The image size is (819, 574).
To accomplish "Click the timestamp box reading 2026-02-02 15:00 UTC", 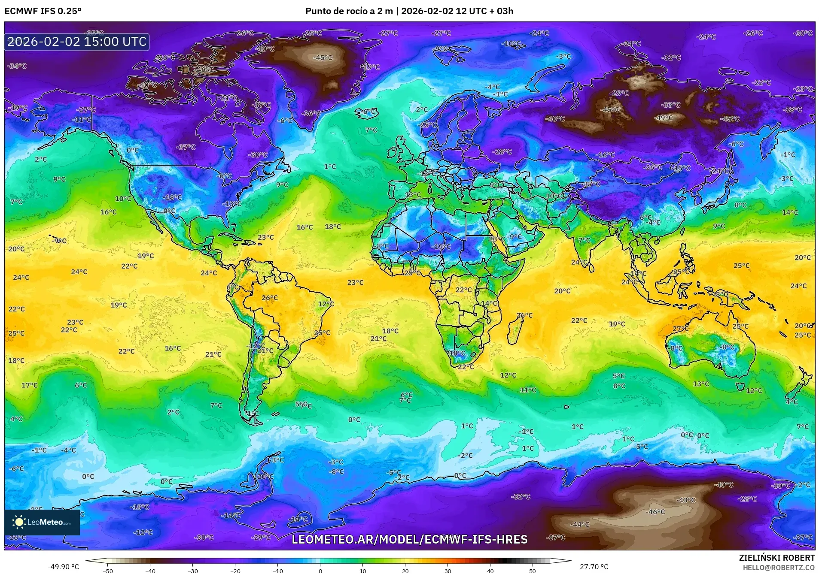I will click(x=77, y=42).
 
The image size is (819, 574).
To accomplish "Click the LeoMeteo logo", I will click(x=42, y=522).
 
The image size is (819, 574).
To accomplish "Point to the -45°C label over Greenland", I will click(x=323, y=57).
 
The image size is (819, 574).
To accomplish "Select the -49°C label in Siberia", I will click(x=664, y=118).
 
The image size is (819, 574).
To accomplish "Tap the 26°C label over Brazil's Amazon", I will click(x=270, y=298).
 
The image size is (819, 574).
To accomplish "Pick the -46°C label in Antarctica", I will click(x=656, y=512).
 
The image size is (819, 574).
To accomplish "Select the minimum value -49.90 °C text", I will click(x=64, y=567).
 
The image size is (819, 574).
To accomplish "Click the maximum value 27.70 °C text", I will click(x=594, y=567).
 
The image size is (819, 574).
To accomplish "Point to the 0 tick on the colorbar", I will click(x=320, y=571).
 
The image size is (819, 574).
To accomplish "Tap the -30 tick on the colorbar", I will click(x=193, y=571).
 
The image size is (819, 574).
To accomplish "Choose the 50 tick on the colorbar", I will click(x=533, y=571).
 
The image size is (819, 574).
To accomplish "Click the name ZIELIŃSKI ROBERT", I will click(x=776, y=558).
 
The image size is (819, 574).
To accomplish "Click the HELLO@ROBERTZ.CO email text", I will click(x=779, y=567).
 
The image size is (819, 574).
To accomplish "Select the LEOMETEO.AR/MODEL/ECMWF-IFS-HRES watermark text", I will click(x=409, y=539).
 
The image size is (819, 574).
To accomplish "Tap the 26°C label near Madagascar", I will click(x=524, y=315).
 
